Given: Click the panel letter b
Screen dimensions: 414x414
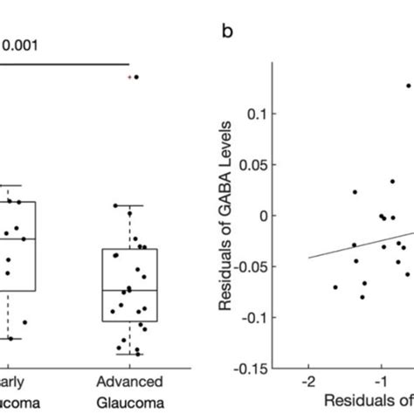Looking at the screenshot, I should (227, 34).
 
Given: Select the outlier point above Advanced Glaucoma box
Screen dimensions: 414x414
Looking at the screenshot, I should (135, 77).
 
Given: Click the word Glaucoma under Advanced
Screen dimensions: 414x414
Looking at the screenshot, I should (129, 404).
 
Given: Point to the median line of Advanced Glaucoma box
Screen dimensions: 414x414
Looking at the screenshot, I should (129, 289).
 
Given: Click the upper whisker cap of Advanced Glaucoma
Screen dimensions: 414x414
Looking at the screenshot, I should (129, 205).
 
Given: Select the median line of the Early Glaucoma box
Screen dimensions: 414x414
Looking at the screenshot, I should (17, 238).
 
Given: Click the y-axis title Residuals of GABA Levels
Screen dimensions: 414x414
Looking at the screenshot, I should (229, 227).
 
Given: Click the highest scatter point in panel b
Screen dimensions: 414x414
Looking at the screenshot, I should (408, 86).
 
